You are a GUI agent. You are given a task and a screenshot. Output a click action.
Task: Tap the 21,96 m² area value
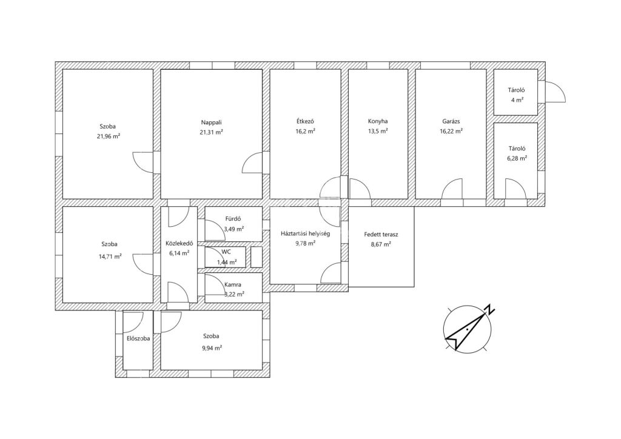[x=108, y=136]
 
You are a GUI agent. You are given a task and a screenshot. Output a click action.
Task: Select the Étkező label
[x=305, y=121]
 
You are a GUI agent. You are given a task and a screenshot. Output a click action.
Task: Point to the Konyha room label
[x=378, y=121]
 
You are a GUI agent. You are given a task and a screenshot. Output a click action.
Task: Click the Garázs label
[x=451, y=121]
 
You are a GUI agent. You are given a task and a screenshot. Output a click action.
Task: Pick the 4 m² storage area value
[x=517, y=100]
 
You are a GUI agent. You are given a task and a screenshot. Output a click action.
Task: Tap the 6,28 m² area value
[x=517, y=158]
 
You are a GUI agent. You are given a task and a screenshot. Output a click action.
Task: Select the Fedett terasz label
[x=381, y=234]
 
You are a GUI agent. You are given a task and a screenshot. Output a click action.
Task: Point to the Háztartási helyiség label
[x=305, y=233]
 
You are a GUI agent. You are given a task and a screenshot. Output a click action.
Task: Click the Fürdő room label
[x=233, y=219]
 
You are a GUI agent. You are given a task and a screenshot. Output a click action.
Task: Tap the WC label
[x=226, y=252]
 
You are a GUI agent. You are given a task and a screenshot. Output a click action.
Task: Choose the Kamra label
[x=232, y=284]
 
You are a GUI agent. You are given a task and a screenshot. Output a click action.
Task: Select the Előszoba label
[x=138, y=339]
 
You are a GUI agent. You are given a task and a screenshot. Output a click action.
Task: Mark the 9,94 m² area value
[x=212, y=348]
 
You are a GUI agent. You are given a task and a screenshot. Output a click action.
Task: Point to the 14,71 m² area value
[x=110, y=256]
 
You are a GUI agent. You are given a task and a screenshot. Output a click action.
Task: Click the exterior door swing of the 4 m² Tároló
[x=555, y=92]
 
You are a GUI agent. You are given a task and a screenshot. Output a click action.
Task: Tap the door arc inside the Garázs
[x=452, y=189]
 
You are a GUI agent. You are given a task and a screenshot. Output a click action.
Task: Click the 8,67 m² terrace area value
[x=381, y=244]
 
